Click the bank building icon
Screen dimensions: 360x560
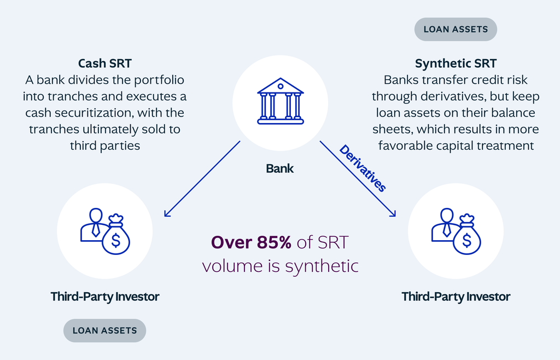[x=280, y=101]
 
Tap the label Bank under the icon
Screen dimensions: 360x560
[x=279, y=169]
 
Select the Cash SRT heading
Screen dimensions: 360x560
[x=104, y=63]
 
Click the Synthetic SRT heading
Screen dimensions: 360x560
[x=456, y=63]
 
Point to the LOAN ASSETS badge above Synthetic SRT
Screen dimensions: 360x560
[x=456, y=30]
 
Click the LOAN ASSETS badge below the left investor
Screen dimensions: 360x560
[x=104, y=330]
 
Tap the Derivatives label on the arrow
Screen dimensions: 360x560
[x=363, y=169]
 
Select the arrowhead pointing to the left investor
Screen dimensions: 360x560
[x=167, y=213]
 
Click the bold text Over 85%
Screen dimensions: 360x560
[x=251, y=243]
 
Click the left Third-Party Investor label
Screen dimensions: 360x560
[x=104, y=297]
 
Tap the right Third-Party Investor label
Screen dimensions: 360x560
[x=456, y=297]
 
